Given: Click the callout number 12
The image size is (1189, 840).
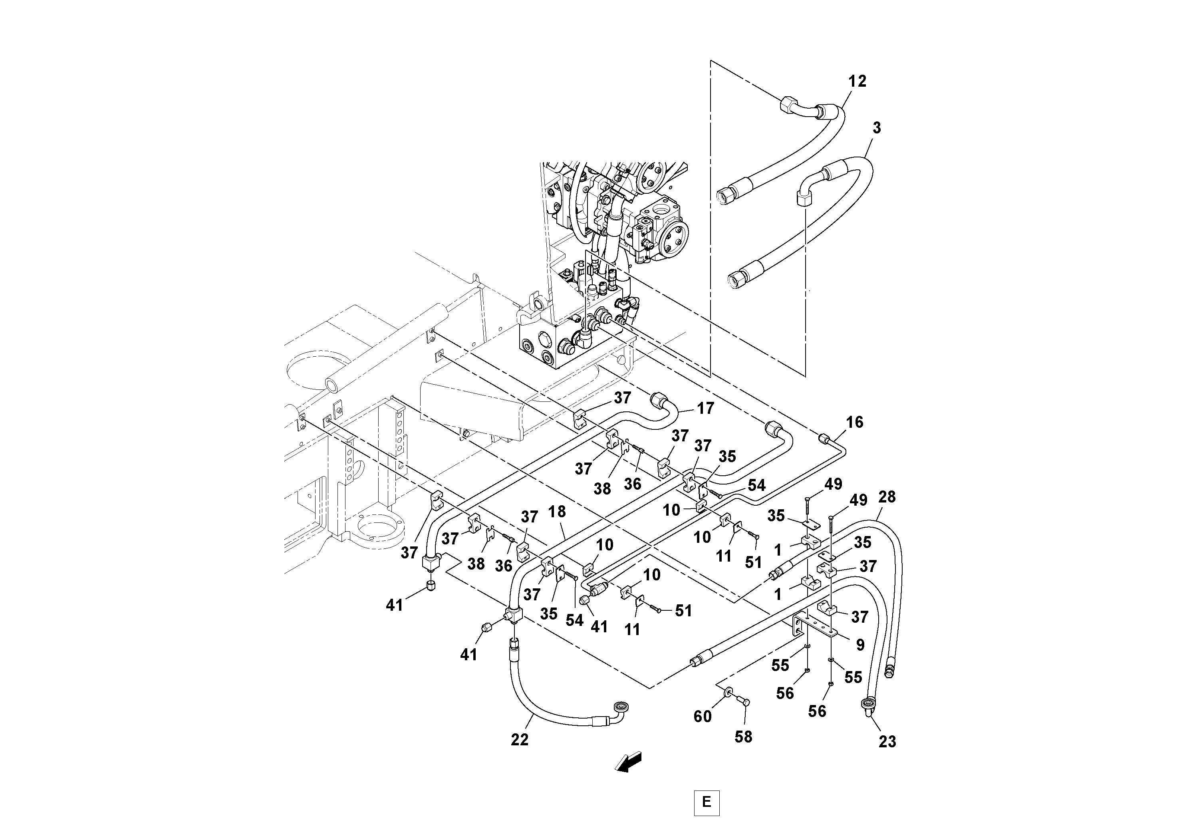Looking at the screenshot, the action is click(857, 81).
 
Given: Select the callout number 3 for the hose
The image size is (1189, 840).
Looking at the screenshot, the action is click(876, 128).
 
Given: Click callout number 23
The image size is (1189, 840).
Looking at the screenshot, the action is click(887, 742).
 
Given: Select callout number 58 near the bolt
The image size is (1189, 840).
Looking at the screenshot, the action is click(743, 737).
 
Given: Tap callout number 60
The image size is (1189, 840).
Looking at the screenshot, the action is click(702, 717).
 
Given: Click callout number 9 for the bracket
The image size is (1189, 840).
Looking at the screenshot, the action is click(860, 645).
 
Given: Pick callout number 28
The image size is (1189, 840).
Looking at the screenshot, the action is click(887, 497).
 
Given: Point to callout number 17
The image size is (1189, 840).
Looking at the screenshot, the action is click(705, 408).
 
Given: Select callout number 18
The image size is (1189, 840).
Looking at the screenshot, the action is click(557, 512).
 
